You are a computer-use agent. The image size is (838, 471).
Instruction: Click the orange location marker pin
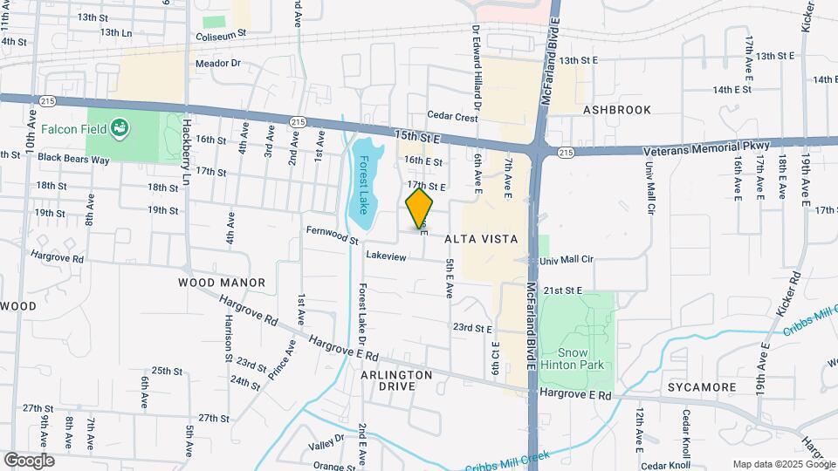[420, 208]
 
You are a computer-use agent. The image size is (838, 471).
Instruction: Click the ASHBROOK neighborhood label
[617, 110]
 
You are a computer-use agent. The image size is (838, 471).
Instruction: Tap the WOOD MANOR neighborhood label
[221, 283]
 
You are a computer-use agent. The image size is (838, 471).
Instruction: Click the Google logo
[29, 461]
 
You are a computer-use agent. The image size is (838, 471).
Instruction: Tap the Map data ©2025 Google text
[783, 464]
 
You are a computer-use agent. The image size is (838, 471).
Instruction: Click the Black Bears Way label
[73, 159]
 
